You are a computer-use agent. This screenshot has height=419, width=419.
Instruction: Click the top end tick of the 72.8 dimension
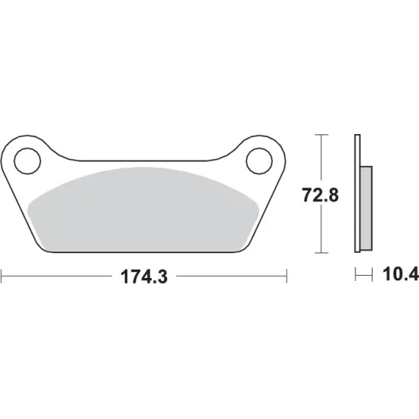[x=322, y=135]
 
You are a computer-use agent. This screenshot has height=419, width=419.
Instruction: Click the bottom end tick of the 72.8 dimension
[x=322, y=253]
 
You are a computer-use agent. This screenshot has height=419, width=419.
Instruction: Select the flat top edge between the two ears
[x=144, y=161]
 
